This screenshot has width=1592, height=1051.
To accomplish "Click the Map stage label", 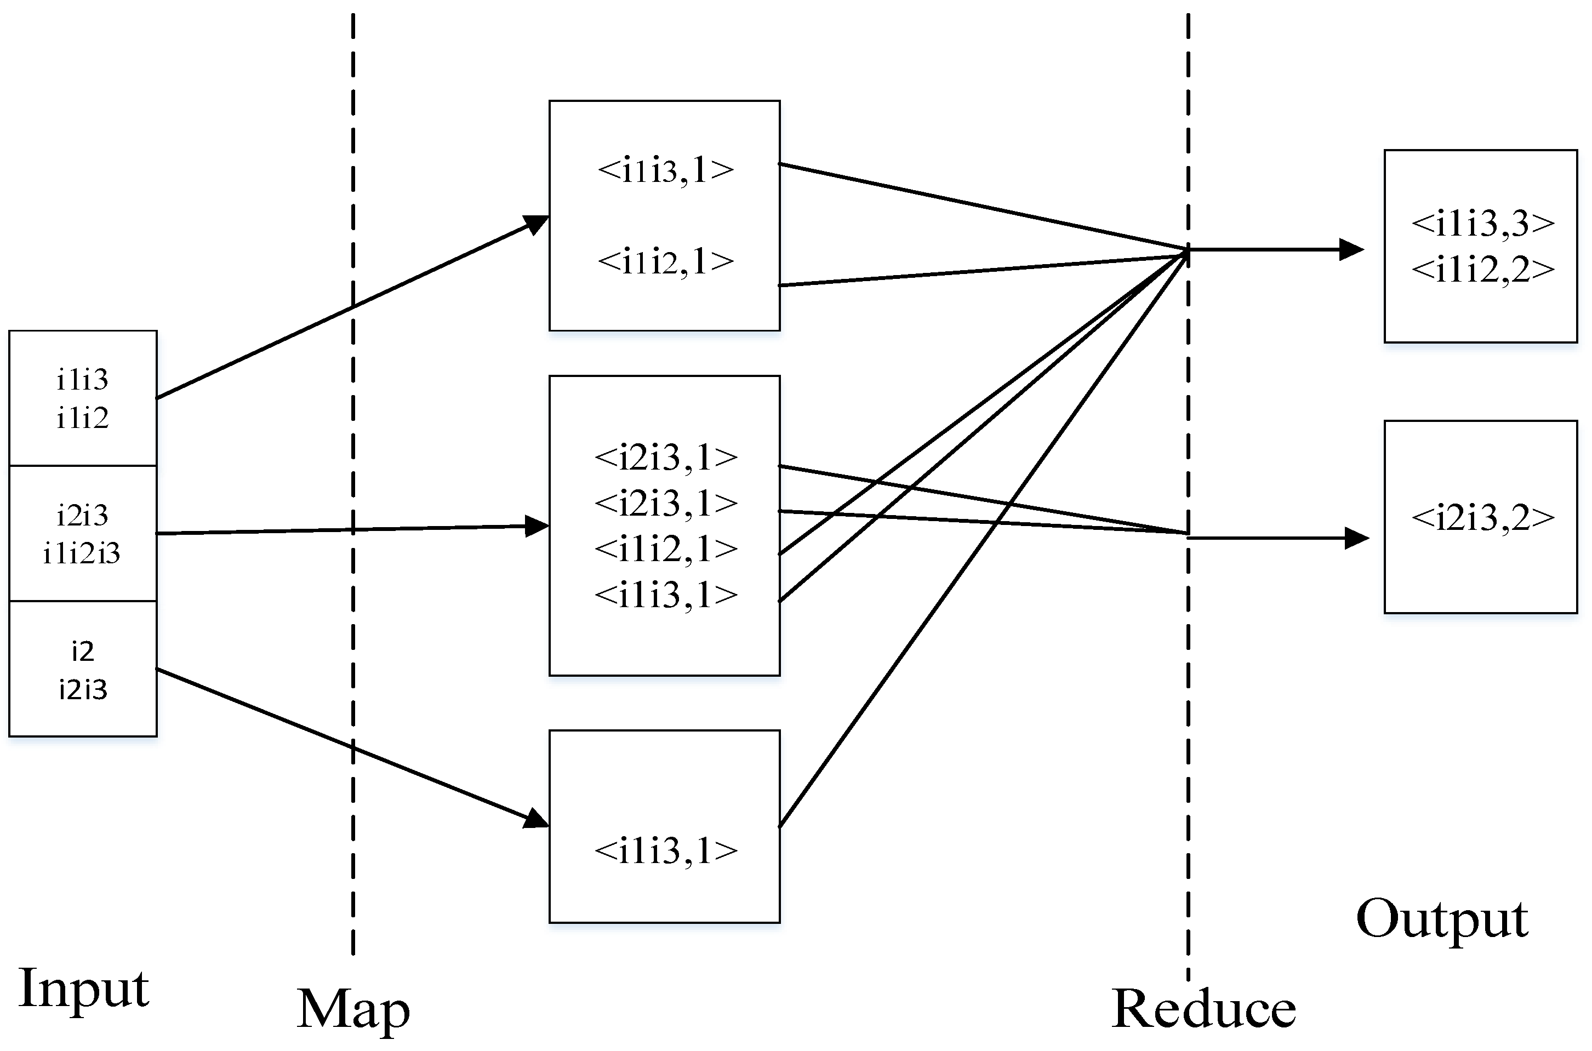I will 353,1009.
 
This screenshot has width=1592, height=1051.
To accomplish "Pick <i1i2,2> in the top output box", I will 1483,270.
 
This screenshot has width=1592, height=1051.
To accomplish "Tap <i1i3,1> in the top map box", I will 666,170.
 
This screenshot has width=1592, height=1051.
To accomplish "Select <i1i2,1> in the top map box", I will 666,261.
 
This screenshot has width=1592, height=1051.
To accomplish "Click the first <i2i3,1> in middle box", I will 666,458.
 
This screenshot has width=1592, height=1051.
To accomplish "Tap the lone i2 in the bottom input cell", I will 82,652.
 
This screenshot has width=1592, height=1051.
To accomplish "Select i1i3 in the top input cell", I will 82,380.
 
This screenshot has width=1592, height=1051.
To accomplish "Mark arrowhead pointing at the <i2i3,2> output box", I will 1357,538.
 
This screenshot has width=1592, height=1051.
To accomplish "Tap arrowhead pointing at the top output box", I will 1352,250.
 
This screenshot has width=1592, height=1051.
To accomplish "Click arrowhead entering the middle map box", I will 538,526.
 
